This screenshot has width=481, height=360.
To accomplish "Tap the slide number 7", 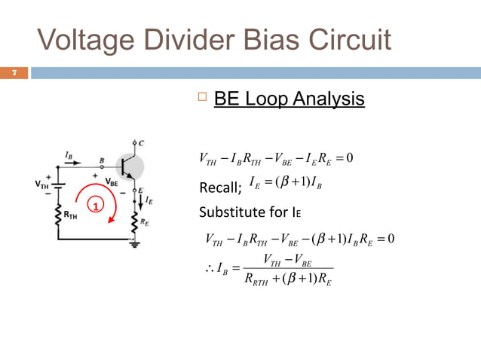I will tap(14, 73).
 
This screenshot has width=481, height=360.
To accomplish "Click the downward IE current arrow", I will tap(140, 202).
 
